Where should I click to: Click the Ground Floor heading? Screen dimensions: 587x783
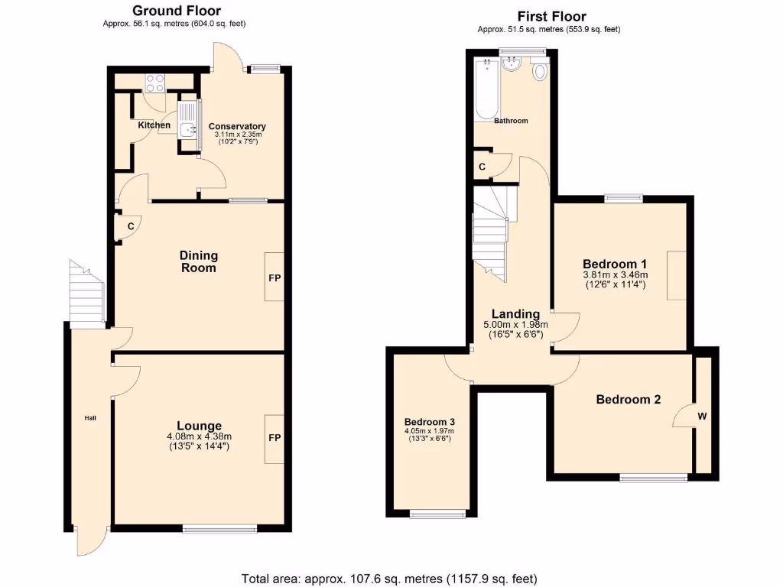177,11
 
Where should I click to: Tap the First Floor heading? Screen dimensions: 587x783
551,16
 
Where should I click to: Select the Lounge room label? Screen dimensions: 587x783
199,426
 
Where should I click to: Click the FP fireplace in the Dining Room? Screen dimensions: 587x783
275,277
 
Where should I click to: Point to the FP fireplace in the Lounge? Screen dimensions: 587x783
275,439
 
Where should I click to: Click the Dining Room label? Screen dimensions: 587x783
199,261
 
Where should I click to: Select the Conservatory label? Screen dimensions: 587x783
237,126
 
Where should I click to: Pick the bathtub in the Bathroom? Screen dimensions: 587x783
486,89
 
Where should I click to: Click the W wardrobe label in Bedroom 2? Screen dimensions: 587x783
702,417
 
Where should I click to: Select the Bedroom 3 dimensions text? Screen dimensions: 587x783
430,435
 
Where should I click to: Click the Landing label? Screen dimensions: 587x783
515,313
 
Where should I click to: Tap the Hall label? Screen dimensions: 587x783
90,418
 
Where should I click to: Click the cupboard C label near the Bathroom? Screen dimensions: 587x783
482,167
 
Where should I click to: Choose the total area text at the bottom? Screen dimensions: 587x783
389,578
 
